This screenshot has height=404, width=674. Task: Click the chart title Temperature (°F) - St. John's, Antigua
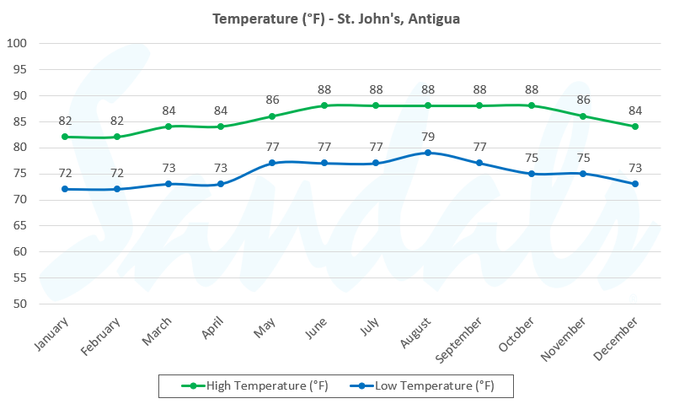336,19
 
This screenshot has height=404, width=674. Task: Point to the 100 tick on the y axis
17,43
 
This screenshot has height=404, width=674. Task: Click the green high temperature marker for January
65,137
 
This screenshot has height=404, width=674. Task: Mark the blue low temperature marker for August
428,153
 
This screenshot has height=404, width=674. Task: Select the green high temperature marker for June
324,105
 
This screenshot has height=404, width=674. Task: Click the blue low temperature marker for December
635,184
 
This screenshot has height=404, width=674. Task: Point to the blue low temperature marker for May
272,163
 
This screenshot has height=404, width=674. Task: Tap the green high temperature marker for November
583,116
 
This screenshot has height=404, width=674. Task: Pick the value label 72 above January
65,174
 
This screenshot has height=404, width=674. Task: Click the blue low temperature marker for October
532,174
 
